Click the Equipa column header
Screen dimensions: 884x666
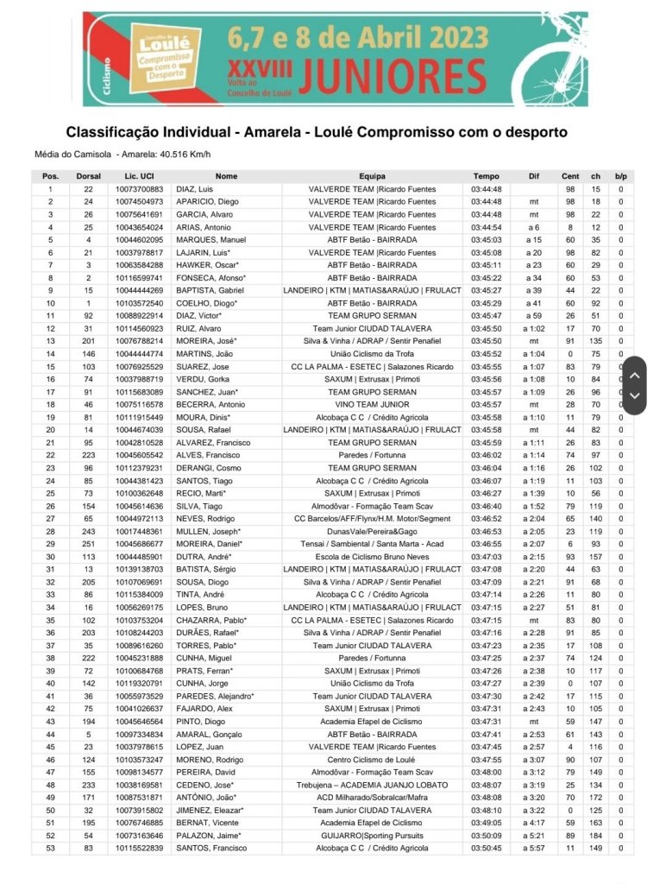pyautogui.click(x=372, y=176)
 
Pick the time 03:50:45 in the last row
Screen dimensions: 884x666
pyautogui.click(x=486, y=849)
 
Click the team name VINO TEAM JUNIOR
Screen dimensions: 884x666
pyautogui.click(x=372, y=405)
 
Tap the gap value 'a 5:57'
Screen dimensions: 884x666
pyautogui.click(x=534, y=849)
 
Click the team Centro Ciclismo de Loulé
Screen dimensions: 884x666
pyautogui.click(x=372, y=760)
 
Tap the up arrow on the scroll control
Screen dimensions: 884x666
pyautogui.click(x=634, y=376)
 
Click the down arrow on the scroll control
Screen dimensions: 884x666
pyautogui.click(x=634, y=396)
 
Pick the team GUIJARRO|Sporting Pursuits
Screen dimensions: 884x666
pyautogui.click(x=372, y=836)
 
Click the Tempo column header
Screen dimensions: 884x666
pyautogui.click(x=486, y=176)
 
